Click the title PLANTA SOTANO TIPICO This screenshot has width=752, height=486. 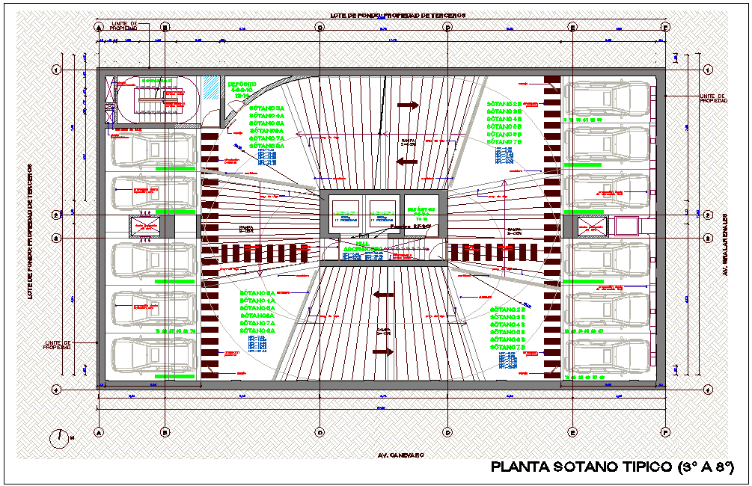pos(580,467)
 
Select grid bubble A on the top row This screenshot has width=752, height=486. pos(99,27)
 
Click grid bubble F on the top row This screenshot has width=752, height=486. pos(665,27)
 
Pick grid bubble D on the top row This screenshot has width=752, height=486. pos(447,27)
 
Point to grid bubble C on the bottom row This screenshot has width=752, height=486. pos(320,432)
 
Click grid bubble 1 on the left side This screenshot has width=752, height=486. pos(56,70)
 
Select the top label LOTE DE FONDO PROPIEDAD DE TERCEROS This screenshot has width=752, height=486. pos(398,15)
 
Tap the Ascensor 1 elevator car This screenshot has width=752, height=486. pos(346,213)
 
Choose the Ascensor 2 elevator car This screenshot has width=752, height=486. pos(382,213)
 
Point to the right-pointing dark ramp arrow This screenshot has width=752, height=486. pos(408,106)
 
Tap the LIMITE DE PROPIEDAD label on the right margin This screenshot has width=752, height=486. pos(712,99)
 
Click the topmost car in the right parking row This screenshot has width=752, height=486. pos(607,99)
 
